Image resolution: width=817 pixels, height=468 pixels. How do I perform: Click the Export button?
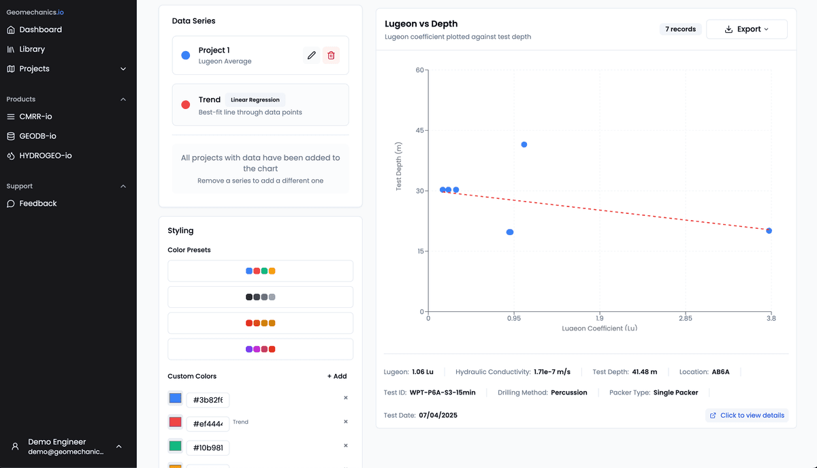(747, 29)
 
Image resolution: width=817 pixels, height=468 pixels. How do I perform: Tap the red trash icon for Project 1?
(331, 55)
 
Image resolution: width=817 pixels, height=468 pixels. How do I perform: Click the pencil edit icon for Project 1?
(312, 55)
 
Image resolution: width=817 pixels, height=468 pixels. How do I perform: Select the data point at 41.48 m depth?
(524, 144)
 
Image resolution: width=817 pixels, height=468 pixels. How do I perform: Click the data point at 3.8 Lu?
(769, 231)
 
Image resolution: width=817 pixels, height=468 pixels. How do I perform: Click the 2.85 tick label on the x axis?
(686, 318)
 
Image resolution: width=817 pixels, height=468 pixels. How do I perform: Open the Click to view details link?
(747, 416)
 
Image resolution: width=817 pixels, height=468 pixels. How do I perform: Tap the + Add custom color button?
(336, 376)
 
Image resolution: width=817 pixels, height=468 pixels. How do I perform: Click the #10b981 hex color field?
(208, 448)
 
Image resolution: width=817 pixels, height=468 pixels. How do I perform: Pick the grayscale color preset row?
(260, 297)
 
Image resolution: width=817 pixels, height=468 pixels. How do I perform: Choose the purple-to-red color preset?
(260, 349)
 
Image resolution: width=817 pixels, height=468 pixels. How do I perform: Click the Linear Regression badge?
(255, 99)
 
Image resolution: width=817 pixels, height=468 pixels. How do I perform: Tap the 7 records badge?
(680, 29)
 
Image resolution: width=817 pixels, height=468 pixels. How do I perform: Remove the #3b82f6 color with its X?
(345, 398)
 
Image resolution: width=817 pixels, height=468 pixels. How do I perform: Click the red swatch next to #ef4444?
(175, 422)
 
